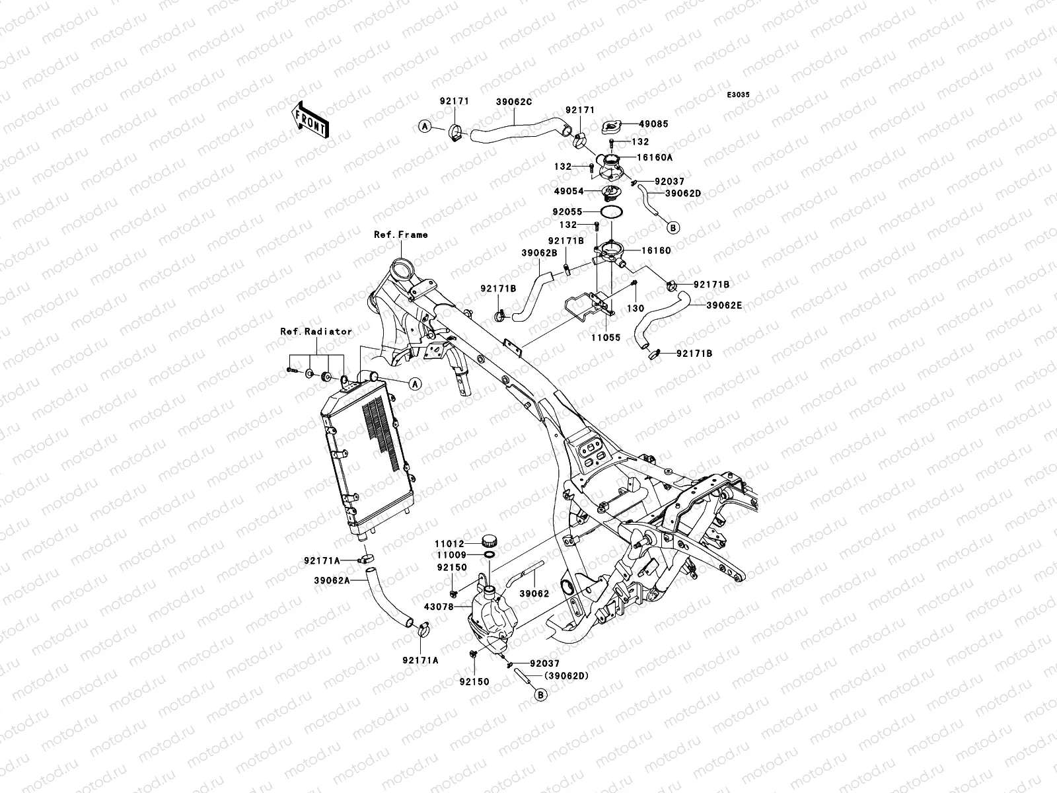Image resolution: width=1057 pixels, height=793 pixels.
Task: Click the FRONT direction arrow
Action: tap(310, 120)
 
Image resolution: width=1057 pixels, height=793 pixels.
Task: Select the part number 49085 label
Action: tap(653, 124)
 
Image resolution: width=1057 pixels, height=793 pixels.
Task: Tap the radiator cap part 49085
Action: tap(615, 127)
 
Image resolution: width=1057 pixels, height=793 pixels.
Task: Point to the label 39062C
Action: tap(514, 102)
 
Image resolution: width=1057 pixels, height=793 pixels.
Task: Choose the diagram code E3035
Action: tap(738, 95)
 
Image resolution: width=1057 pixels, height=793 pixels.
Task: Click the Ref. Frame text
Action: tap(400, 235)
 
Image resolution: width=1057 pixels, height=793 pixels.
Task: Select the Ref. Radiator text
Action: tap(316, 332)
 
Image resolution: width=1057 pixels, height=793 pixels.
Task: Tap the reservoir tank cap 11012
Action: tap(490, 541)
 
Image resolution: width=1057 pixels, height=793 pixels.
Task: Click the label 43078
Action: tap(439, 607)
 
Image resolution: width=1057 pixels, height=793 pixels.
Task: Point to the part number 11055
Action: tap(606, 338)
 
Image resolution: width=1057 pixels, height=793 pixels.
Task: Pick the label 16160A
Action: tap(655, 157)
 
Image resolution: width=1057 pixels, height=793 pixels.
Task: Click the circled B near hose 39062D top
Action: tap(673, 228)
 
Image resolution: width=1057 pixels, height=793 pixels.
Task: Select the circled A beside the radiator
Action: tap(415, 384)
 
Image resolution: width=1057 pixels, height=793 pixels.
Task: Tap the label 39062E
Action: tap(724, 305)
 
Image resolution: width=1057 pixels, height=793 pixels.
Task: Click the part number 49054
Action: tap(569, 191)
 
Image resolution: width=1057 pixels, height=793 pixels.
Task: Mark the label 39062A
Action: tap(332, 581)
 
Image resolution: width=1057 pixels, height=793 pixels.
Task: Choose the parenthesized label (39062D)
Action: tap(566, 676)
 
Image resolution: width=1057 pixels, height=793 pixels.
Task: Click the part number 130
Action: tap(635, 309)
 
